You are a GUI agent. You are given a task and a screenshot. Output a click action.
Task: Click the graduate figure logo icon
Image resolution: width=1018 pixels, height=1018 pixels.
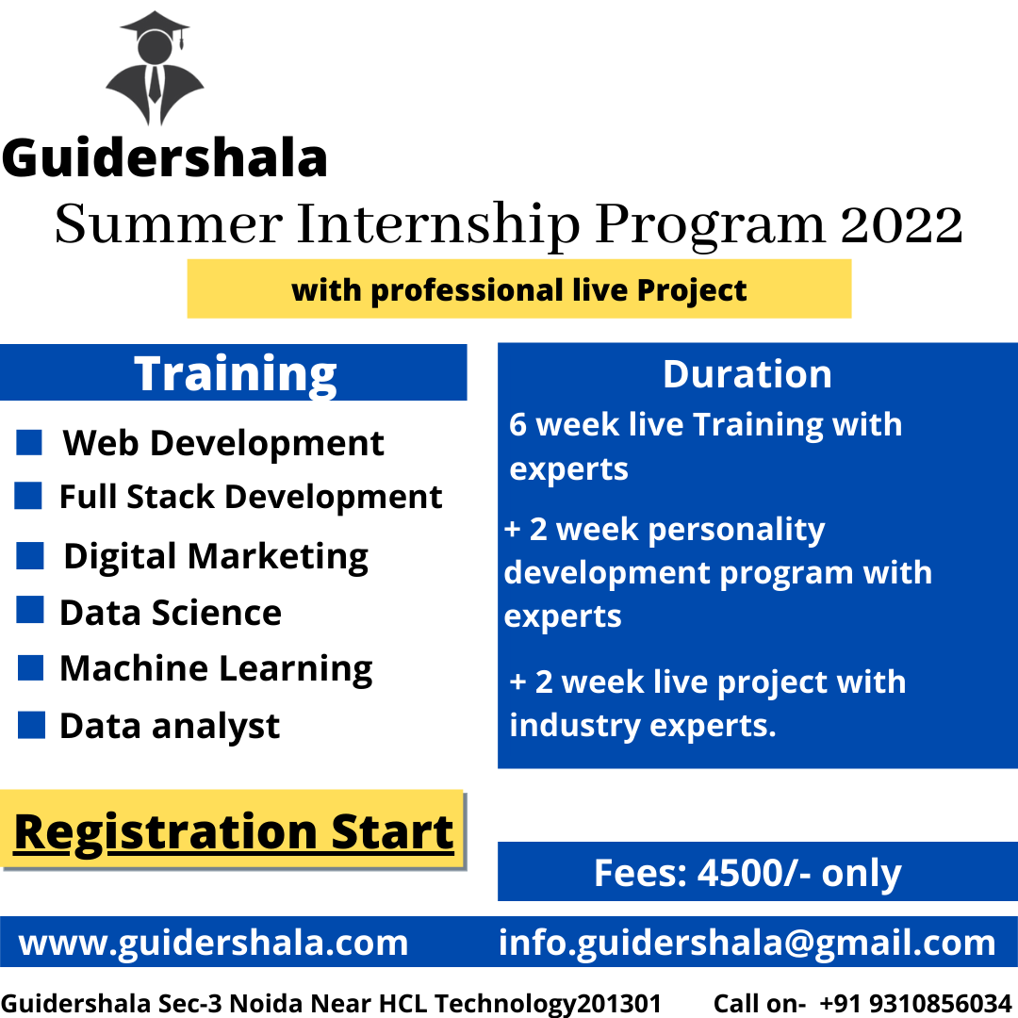click(155, 68)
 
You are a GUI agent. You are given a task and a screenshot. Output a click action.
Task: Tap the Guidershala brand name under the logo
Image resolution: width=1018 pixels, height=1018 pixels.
click(165, 157)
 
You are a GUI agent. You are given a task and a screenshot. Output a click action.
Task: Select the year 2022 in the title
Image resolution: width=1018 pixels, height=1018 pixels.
click(901, 224)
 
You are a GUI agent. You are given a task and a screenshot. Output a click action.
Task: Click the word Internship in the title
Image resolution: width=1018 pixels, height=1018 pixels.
click(438, 225)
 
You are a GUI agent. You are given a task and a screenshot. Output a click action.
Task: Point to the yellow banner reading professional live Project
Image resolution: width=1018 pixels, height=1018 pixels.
click(518, 289)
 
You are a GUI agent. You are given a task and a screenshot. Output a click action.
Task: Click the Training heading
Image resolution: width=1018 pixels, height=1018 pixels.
click(235, 374)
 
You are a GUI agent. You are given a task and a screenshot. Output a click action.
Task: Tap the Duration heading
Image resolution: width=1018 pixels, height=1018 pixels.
click(747, 374)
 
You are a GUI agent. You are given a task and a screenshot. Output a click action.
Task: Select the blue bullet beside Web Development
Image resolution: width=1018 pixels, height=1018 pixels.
click(29, 442)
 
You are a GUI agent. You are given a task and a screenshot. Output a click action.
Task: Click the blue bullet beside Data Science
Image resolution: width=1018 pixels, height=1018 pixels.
click(30, 610)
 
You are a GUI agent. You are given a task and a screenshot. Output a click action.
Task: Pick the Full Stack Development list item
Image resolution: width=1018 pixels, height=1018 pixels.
click(251, 497)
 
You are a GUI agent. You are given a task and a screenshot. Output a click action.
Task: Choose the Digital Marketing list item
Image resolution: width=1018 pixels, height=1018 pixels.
click(216, 557)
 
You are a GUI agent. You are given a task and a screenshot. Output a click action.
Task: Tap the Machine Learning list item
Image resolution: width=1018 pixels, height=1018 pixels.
click(216, 668)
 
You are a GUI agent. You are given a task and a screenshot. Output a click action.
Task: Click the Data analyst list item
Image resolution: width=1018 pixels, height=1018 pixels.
click(170, 726)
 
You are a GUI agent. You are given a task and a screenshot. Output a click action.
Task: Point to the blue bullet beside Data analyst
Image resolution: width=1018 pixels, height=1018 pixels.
click(31, 725)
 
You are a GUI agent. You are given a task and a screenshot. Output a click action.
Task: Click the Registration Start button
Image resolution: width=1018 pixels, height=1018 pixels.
click(233, 829)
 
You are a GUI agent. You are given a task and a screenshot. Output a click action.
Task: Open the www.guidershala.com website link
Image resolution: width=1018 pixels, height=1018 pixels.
click(213, 943)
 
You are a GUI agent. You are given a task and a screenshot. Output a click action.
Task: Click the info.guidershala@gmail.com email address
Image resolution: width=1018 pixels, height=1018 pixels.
click(747, 943)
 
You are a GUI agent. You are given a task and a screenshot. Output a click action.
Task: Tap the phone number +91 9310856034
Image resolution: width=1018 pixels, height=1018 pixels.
click(915, 1003)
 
